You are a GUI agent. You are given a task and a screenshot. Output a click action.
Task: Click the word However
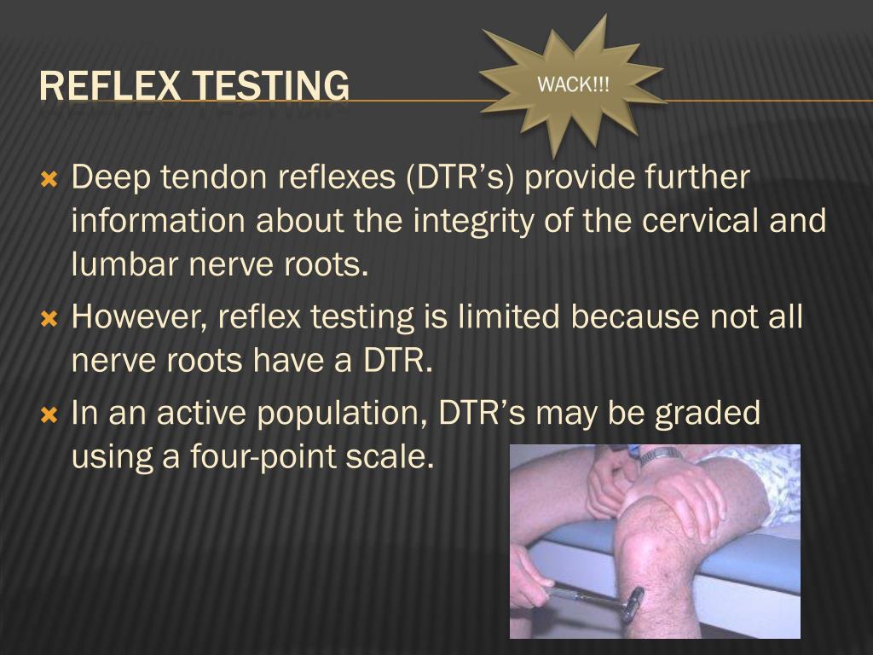coord(138,318)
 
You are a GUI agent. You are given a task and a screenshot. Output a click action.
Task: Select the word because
coord(634,317)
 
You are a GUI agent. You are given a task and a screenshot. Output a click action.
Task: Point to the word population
coord(342,414)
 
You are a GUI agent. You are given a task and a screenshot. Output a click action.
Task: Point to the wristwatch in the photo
coord(661,455)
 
